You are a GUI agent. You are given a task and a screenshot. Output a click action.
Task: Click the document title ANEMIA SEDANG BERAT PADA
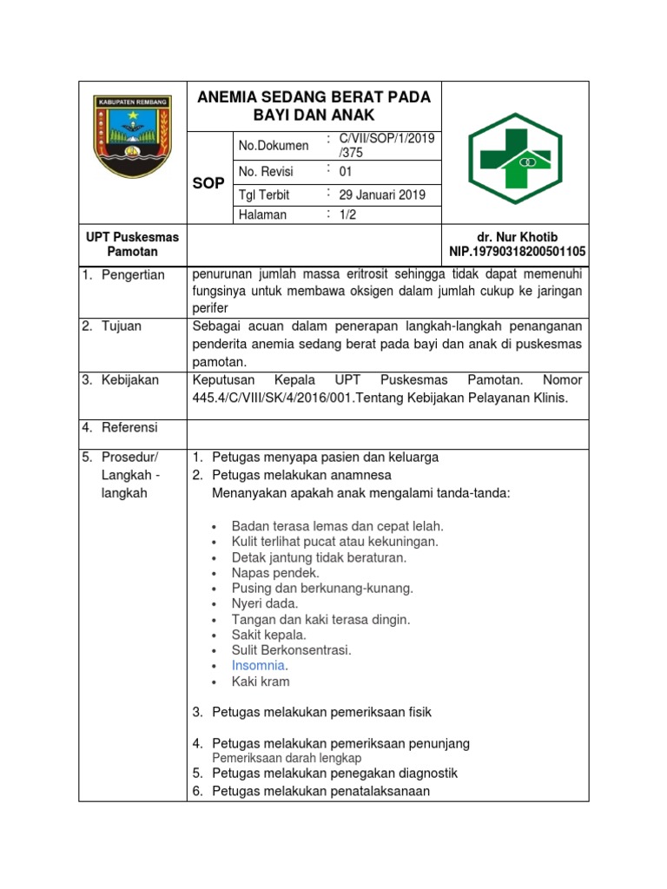(314, 96)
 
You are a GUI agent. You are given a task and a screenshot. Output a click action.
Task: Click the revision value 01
(346, 171)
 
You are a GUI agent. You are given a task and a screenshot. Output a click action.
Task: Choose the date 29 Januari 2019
(381, 194)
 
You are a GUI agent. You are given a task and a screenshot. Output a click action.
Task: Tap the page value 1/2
(347, 214)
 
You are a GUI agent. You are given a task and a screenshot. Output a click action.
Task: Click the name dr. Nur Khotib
(517, 237)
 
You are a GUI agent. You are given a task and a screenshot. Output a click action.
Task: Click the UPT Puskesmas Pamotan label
(132, 244)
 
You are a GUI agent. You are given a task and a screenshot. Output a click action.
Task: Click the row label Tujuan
(123, 326)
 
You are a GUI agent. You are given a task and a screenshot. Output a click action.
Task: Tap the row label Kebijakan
(130, 380)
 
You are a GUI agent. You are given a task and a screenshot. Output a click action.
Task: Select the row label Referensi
(129, 427)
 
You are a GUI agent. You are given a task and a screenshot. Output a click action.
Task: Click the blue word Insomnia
(258, 665)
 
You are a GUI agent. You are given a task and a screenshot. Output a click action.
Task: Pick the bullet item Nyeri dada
(265, 603)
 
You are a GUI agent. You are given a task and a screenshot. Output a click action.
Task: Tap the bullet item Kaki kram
(261, 682)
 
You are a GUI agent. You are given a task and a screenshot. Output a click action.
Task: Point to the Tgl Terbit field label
(264, 194)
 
